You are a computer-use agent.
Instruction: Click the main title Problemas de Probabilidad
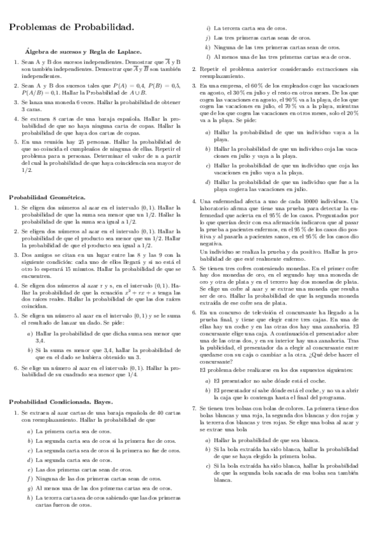click(71, 28)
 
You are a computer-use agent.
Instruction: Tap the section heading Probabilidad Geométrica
click(47, 198)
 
